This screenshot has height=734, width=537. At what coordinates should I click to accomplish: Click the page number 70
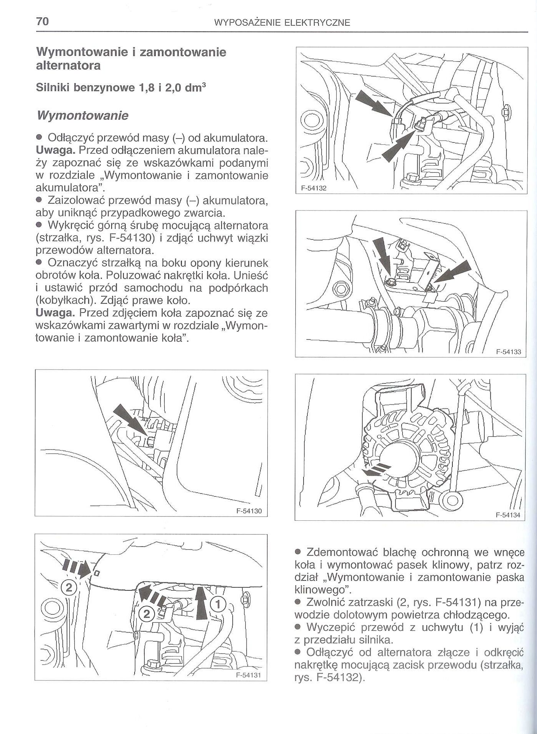(x=42, y=22)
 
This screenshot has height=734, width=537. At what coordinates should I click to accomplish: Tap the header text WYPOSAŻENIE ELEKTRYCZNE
(x=282, y=23)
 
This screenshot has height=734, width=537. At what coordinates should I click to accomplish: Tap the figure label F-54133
(x=508, y=351)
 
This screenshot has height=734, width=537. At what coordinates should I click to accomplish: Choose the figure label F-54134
(x=508, y=515)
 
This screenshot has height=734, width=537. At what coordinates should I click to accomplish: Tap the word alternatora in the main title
(x=68, y=66)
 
